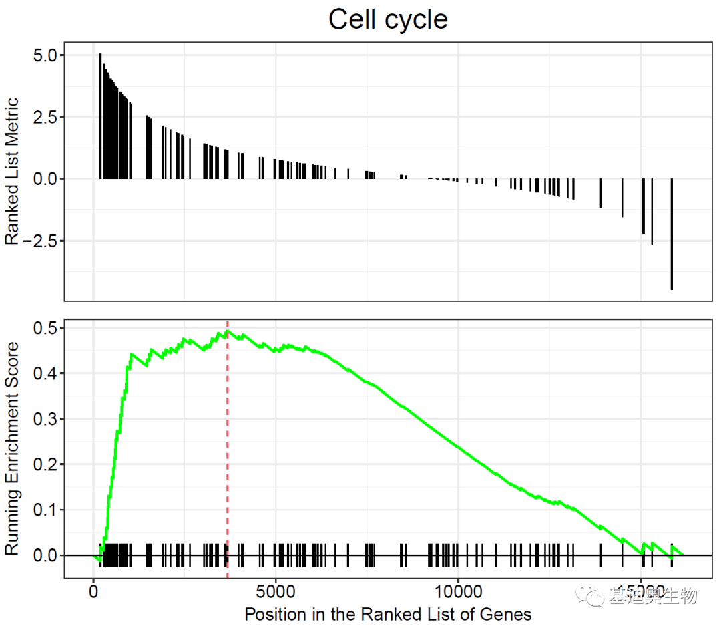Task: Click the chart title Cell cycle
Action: (x=388, y=19)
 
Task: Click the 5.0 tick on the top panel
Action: (x=46, y=55)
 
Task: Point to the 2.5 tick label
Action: (x=46, y=117)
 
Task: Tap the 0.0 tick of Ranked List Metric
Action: (x=46, y=178)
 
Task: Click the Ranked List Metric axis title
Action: (x=12, y=172)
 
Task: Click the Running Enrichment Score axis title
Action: (x=12, y=448)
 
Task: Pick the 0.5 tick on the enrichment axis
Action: (x=46, y=327)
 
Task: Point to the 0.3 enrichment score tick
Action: (x=46, y=419)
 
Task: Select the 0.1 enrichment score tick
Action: (x=46, y=510)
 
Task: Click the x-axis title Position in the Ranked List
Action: (x=388, y=613)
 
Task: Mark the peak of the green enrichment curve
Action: (x=228, y=331)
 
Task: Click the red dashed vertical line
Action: (x=228, y=454)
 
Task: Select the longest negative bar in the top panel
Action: (x=672, y=234)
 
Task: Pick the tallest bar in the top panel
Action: (x=100, y=116)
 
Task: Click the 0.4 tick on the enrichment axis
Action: (x=46, y=373)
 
